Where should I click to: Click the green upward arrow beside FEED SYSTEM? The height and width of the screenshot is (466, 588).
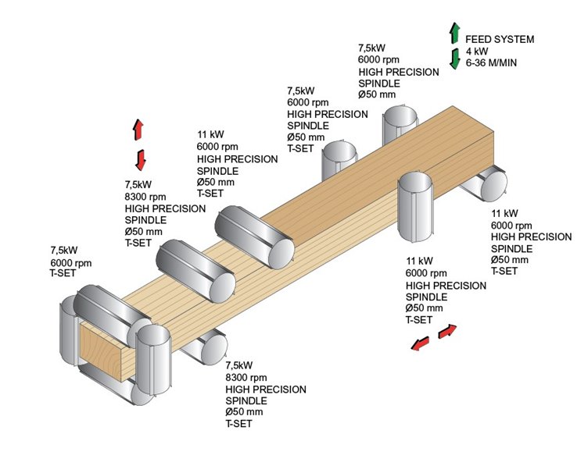(x=454, y=33)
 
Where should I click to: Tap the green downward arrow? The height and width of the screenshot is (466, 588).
(x=454, y=59)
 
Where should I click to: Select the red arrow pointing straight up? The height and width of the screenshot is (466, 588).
(x=138, y=129)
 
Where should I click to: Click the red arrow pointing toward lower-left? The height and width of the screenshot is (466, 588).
(x=421, y=343)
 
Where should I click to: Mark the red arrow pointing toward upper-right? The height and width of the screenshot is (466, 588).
(x=447, y=332)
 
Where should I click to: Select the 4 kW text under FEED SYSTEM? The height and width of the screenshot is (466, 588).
(x=478, y=50)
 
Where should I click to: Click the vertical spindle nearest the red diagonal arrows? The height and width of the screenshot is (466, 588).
(x=416, y=208)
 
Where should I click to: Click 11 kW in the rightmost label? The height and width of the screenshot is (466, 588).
(x=504, y=213)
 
